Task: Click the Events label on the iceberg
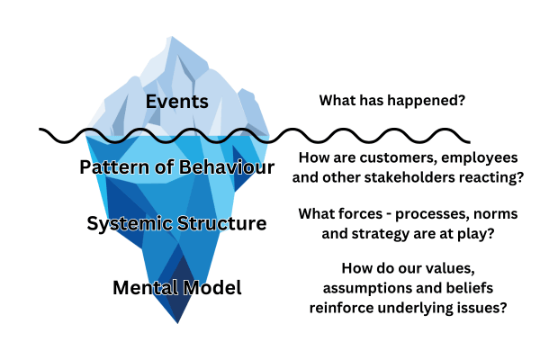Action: point(177,102)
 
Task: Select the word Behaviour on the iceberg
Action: point(227,166)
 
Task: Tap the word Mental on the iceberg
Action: point(145,288)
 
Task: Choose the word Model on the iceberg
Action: point(212,288)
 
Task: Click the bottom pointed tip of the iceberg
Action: point(177,323)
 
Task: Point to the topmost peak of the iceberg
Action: point(171,37)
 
